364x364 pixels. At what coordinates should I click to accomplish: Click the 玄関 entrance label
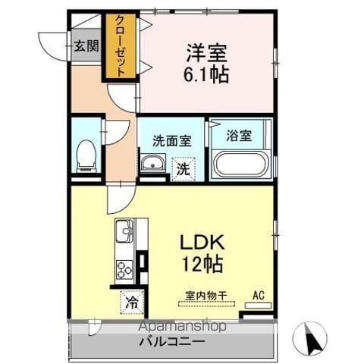pyautogui.click(x=86, y=46)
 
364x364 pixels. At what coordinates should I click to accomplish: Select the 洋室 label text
pyautogui.click(x=206, y=53)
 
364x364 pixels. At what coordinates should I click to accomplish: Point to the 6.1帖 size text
pyautogui.click(x=206, y=74)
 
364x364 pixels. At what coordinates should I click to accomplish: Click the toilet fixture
pyautogui.click(x=86, y=156)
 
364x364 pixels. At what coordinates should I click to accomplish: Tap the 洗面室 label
pyautogui.click(x=172, y=140)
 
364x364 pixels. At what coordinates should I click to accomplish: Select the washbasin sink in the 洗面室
pyautogui.click(x=152, y=163)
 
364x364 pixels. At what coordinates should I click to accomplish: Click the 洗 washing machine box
pyautogui.click(x=184, y=169)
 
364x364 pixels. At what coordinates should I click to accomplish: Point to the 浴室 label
pyautogui.click(x=239, y=136)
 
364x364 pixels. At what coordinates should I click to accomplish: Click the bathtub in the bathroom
pyautogui.click(x=240, y=165)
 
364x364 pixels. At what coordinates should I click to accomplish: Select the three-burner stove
pyautogui.click(x=124, y=269)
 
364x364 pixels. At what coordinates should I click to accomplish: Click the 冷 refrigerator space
pyautogui.click(x=132, y=303)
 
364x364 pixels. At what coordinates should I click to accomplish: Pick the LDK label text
pyautogui.click(x=202, y=243)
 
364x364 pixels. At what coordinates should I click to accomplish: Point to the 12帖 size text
pyautogui.click(x=202, y=264)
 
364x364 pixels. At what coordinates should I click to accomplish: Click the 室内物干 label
pyautogui.click(x=206, y=296)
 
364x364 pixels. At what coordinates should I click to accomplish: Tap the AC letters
pyautogui.click(x=259, y=295)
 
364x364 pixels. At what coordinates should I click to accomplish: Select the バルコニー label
pyautogui.click(x=172, y=342)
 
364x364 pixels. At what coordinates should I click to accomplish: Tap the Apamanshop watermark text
pyautogui.click(x=182, y=327)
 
